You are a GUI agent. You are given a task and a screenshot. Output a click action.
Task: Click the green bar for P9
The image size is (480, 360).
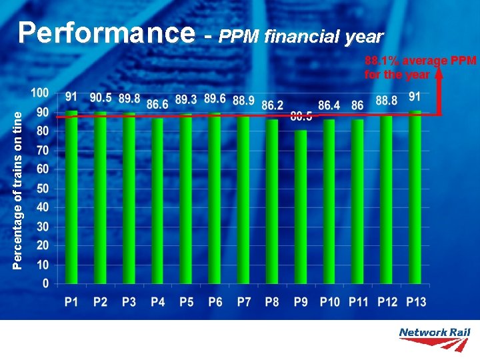pos(301,207)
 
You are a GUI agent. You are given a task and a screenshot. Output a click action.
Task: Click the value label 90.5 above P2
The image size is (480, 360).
pos(101,98)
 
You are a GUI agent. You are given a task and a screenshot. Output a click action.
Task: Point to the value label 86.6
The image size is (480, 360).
pos(157,105)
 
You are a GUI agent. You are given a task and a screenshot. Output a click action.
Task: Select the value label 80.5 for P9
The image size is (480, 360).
pos(301,117)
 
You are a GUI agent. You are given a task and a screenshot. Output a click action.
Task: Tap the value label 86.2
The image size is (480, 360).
pos(272,105)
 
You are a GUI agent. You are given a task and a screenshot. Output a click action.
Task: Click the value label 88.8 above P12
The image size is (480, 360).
pos(387,101)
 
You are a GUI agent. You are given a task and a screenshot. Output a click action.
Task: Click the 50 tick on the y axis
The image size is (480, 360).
pos(42,189)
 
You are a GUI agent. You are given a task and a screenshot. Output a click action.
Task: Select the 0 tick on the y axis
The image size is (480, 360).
pos(45,284)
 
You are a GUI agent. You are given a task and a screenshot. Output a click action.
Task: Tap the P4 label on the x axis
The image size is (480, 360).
pos(157,302)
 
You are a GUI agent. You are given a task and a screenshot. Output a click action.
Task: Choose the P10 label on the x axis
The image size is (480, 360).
pos(329,302)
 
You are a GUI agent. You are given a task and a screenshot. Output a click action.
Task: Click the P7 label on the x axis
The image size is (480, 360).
pos(243,302)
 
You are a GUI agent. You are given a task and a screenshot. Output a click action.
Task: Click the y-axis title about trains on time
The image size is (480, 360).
pos(20,190)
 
